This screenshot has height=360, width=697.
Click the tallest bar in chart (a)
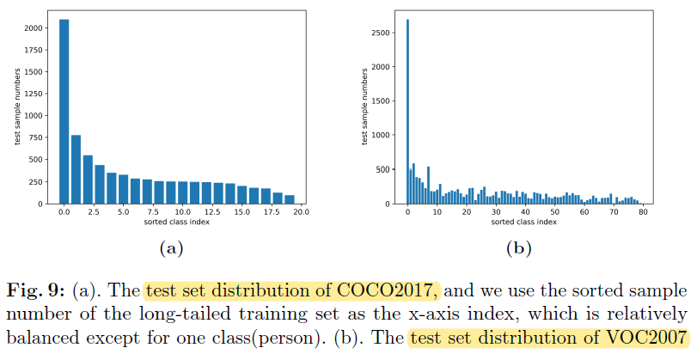(64, 112)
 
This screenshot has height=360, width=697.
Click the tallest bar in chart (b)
(407, 112)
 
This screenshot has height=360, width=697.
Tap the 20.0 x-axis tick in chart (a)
(302, 211)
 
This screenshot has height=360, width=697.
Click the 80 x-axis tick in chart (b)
(643, 211)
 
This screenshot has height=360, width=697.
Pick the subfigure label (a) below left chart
(168, 248)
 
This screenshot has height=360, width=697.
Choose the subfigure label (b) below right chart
(518, 248)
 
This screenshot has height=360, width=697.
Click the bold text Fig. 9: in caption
(35, 288)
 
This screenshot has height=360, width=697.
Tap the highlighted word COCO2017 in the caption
(400, 288)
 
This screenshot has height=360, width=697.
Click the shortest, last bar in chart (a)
(290, 199)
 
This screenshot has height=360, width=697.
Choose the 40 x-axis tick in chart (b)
(525, 211)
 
